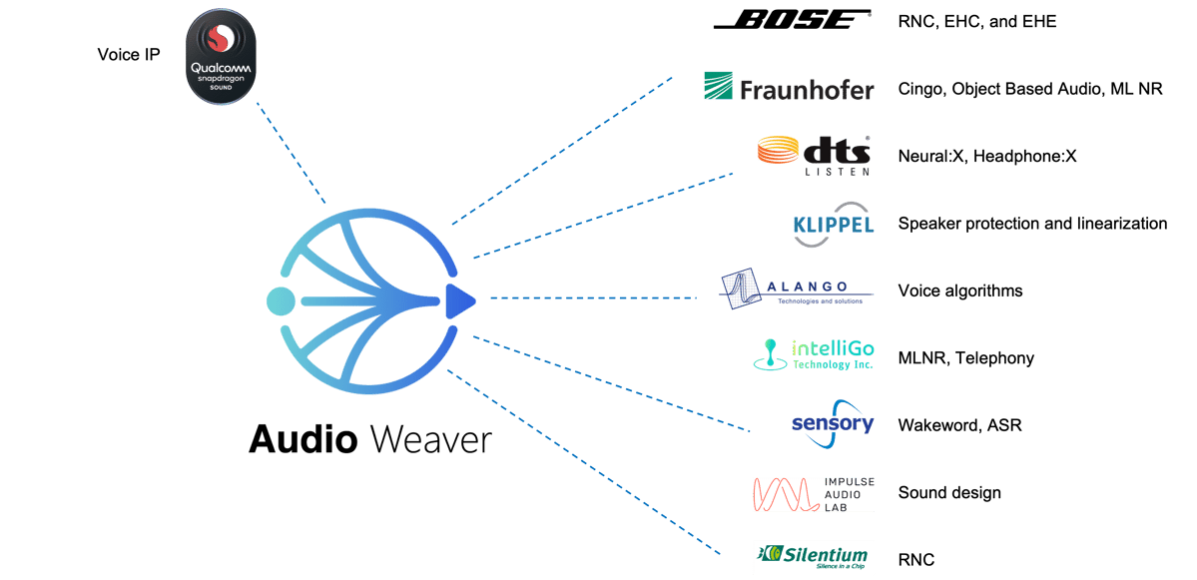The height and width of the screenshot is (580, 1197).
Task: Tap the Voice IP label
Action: [129, 54]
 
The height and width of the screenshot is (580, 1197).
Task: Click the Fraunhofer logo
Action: [789, 88]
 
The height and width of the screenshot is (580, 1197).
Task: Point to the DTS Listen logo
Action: [814, 155]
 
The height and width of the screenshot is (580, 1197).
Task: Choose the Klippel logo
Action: [834, 224]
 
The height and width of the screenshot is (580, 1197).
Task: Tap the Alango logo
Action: [797, 290]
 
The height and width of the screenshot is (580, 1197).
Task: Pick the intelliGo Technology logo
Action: [814, 355]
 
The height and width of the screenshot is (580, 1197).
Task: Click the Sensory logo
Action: [833, 423]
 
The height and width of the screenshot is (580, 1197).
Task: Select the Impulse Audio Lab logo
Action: [814, 493]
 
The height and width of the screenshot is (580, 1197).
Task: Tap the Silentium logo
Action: [814, 557]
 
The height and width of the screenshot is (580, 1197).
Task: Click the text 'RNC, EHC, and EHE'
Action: [976, 21]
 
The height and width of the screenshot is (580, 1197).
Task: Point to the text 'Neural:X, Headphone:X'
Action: [986, 156]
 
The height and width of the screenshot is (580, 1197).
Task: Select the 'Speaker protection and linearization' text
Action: [1032, 224]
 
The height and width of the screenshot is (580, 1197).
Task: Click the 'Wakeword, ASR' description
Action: [959, 425]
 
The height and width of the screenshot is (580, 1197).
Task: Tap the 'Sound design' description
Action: [948, 492]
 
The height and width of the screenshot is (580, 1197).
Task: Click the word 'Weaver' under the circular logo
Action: [430, 438]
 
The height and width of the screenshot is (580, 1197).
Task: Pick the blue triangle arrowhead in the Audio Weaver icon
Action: [459, 299]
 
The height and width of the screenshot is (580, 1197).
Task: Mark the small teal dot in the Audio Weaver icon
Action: [281, 299]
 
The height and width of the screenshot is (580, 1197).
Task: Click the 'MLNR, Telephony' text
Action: [965, 357]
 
